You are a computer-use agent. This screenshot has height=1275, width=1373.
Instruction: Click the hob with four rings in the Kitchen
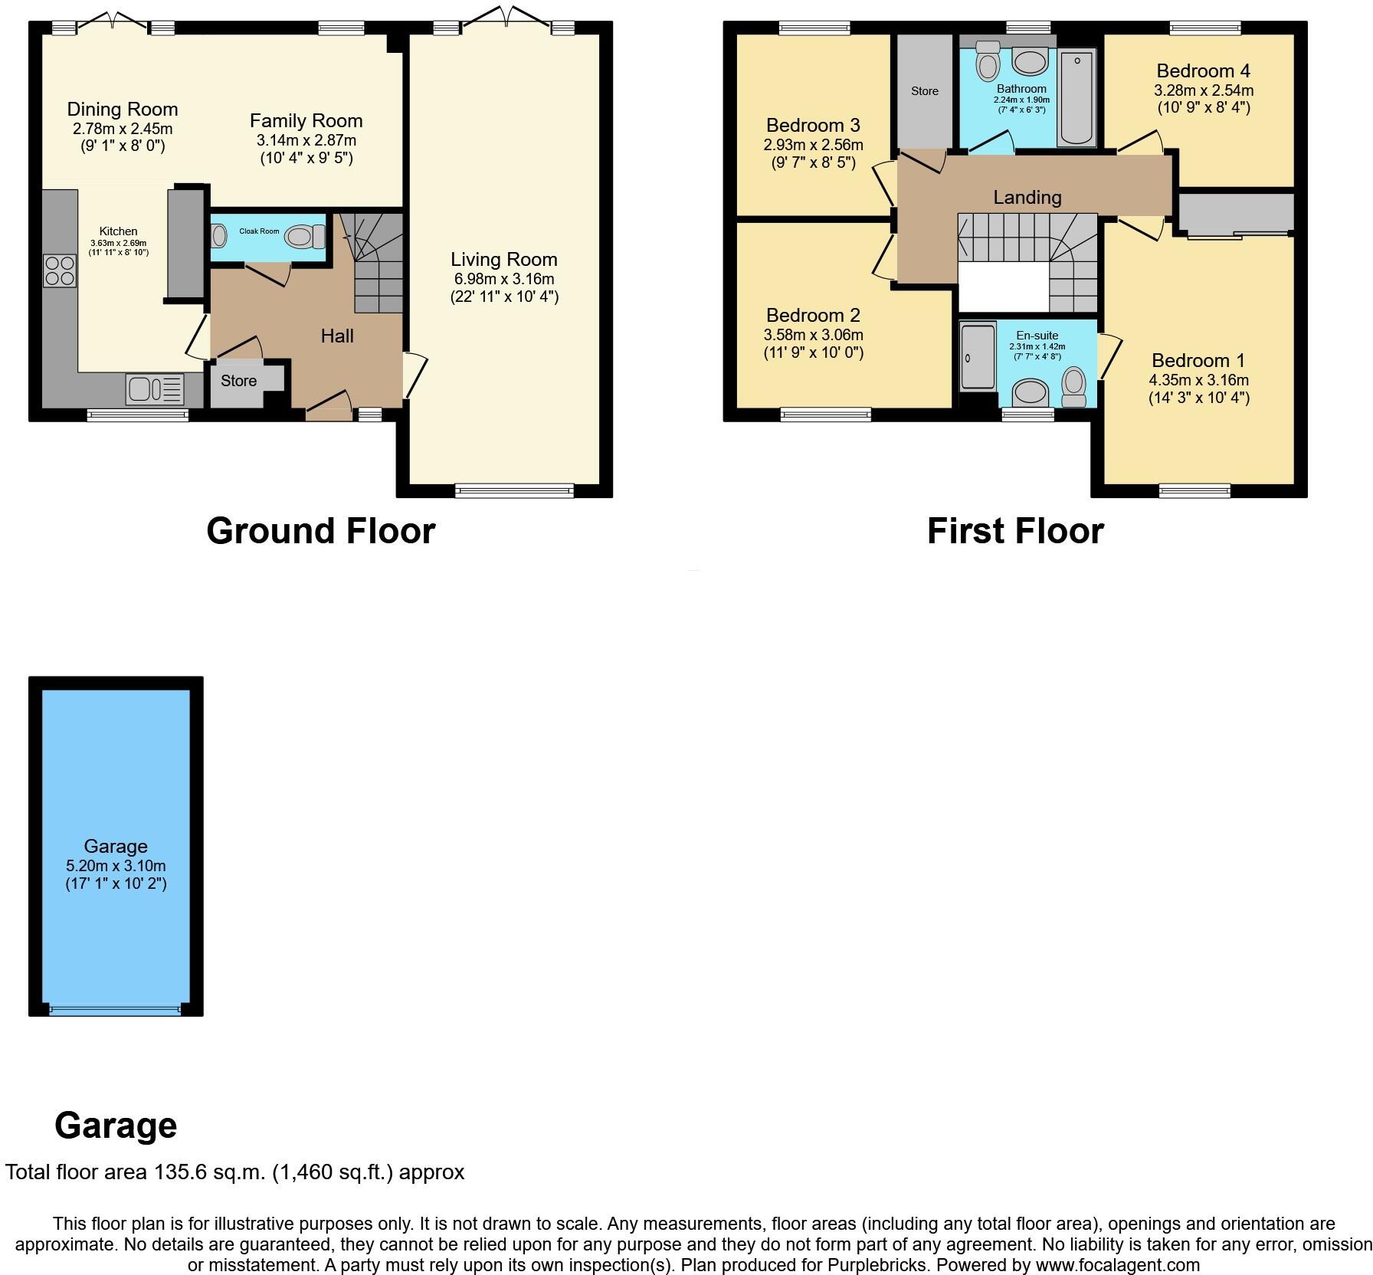(61, 270)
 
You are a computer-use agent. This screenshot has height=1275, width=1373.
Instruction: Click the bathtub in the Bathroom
(1076, 97)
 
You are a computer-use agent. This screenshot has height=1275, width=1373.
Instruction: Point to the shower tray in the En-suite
(978, 358)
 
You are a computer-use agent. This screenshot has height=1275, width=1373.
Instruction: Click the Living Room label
(503, 260)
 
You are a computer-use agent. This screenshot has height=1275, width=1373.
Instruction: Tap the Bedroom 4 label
(1203, 71)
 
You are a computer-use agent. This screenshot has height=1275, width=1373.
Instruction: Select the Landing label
(1027, 198)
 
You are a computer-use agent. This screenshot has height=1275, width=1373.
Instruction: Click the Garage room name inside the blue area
(116, 846)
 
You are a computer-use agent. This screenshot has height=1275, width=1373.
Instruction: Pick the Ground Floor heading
(320, 531)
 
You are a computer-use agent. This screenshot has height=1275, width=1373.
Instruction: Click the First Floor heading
(1015, 531)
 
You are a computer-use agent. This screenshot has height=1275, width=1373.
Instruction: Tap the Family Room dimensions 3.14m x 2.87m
(306, 140)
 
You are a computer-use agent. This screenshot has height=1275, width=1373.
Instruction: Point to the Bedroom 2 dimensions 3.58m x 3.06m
(813, 335)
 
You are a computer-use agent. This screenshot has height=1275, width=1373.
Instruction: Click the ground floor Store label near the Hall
(238, 381)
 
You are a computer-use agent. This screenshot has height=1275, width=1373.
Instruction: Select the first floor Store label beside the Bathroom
(924, 91)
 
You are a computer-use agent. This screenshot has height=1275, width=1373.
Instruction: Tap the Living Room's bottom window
(514, 491)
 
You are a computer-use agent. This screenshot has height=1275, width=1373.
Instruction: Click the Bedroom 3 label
(812, 125)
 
